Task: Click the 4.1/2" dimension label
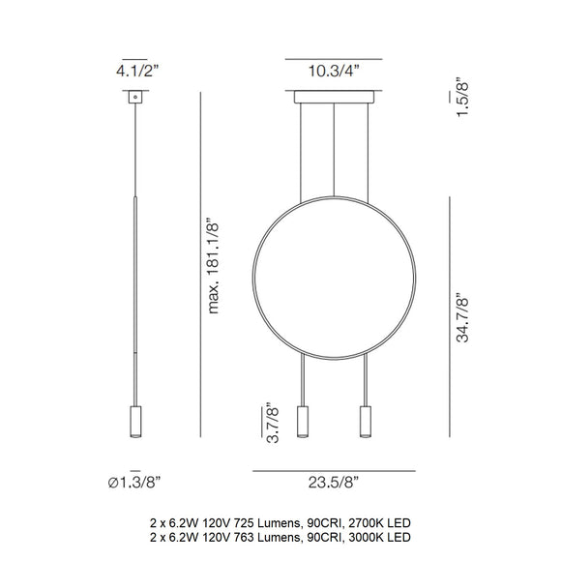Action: coord(134,70)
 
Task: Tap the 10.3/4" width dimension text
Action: coord(334,70)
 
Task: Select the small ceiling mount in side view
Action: coord(133,98)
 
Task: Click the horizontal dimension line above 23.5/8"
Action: coord(334,471)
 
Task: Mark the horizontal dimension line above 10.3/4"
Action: coord(334,55)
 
